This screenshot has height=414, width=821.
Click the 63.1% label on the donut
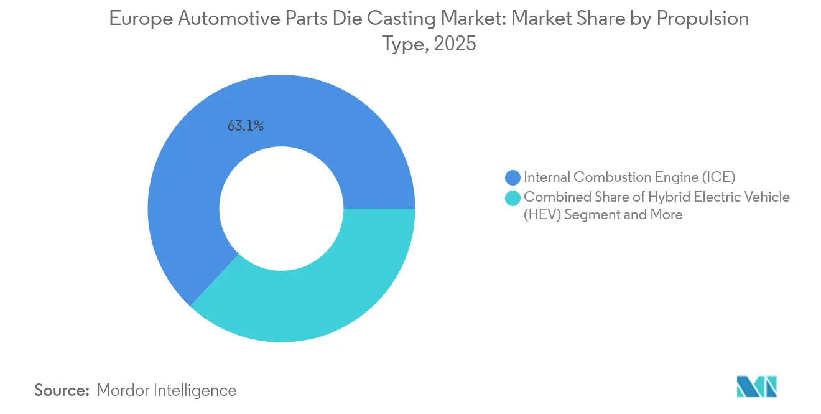(x=246, y=126)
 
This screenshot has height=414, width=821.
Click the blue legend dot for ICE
(x=513, y=177)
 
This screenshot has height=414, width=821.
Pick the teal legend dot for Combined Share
(x=513, y=197)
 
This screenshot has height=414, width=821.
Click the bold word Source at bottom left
(x=62, y=390)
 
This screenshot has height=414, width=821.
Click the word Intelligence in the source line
(x=197, y=390)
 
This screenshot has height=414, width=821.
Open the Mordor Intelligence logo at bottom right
(x=757, y=387)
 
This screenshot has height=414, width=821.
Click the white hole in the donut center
(x=281, y=209)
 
